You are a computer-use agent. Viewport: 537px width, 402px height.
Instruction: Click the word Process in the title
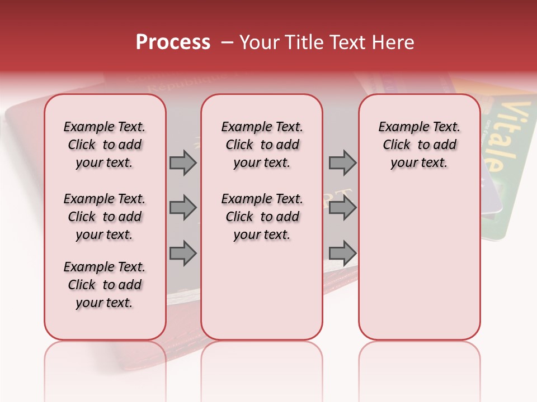(173, 42)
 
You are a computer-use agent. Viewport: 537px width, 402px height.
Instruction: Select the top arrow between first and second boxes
(183, 162)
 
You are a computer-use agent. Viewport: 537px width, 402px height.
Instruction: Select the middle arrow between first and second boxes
(183, 208)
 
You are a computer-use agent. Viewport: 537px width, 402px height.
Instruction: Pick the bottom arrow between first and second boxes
(183, 253)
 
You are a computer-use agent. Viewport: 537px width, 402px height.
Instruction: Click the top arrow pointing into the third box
(342, 162)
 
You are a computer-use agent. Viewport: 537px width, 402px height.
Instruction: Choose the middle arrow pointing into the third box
(342, 208)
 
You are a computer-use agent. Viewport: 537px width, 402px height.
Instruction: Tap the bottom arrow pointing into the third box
(342, 253)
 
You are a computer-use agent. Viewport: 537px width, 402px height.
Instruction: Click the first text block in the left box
(105, 145)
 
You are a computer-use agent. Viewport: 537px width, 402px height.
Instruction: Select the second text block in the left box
(105, 217)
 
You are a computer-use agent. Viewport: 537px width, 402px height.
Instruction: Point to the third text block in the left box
(105, 285)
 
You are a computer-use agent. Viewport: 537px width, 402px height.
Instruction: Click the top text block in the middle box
(262, 145)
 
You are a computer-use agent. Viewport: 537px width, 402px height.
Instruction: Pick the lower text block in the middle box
(262, 217)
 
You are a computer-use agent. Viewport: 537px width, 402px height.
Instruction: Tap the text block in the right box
(419, 145)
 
